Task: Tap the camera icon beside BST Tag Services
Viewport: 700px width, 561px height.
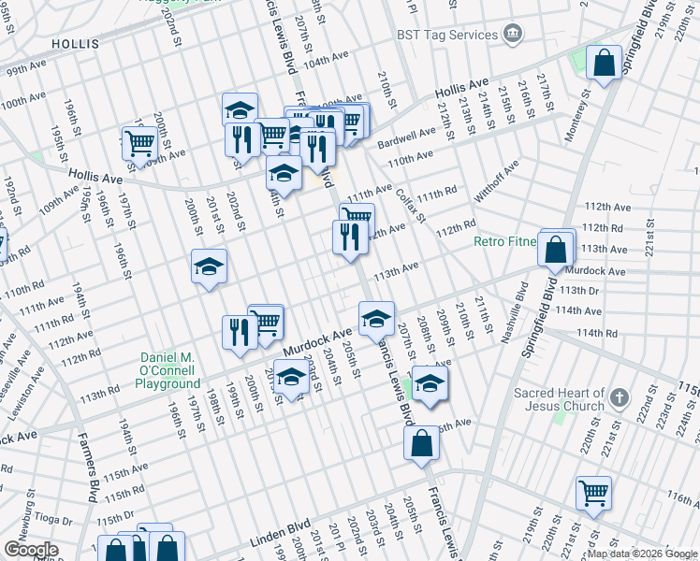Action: pos(513,36)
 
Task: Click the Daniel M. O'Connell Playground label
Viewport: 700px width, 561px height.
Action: pos(170,370)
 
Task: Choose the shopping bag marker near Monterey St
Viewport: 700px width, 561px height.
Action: pos(605,64)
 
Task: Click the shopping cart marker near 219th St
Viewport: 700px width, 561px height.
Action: pos(593,492)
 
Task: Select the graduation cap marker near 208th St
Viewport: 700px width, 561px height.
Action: pos(430,384)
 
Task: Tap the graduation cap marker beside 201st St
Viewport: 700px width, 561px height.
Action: pos(209,267)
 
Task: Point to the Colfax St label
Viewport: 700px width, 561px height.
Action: pos(409,208)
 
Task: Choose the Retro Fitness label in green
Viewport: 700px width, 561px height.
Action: pos(505,241)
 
